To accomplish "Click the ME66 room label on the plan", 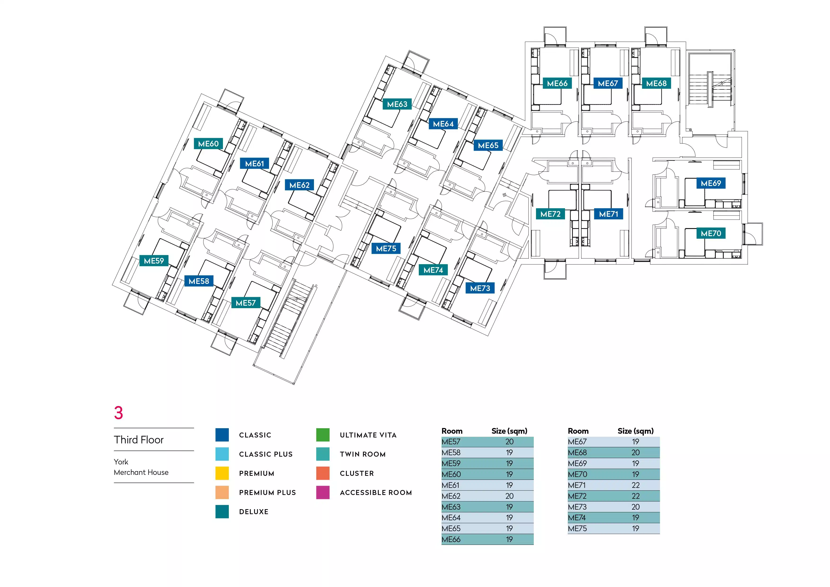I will [557, 84].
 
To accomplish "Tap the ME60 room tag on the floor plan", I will [208, 144].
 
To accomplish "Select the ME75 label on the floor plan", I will [386, 249].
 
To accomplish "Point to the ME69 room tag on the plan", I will [711, 183].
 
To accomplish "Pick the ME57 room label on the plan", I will [245, 303].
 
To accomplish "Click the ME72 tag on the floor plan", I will [550, 214].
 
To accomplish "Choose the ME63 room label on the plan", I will [397, 105].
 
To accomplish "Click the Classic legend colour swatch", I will [222, 435].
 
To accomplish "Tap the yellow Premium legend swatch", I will [222, 473].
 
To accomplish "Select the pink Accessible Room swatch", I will [322, 492].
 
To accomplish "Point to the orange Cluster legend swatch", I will [322, 473].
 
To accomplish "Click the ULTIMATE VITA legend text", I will [368, 435].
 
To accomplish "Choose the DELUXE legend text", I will [254, 512].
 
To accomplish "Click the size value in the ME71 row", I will [636, 485].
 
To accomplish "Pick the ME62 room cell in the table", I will [451, 496].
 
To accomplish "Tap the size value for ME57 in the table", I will [509, 442].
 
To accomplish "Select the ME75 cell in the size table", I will [577, 529].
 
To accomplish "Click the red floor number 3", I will [119, 413].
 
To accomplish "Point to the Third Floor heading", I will [139, 440].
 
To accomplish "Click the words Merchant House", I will [141, 472].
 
